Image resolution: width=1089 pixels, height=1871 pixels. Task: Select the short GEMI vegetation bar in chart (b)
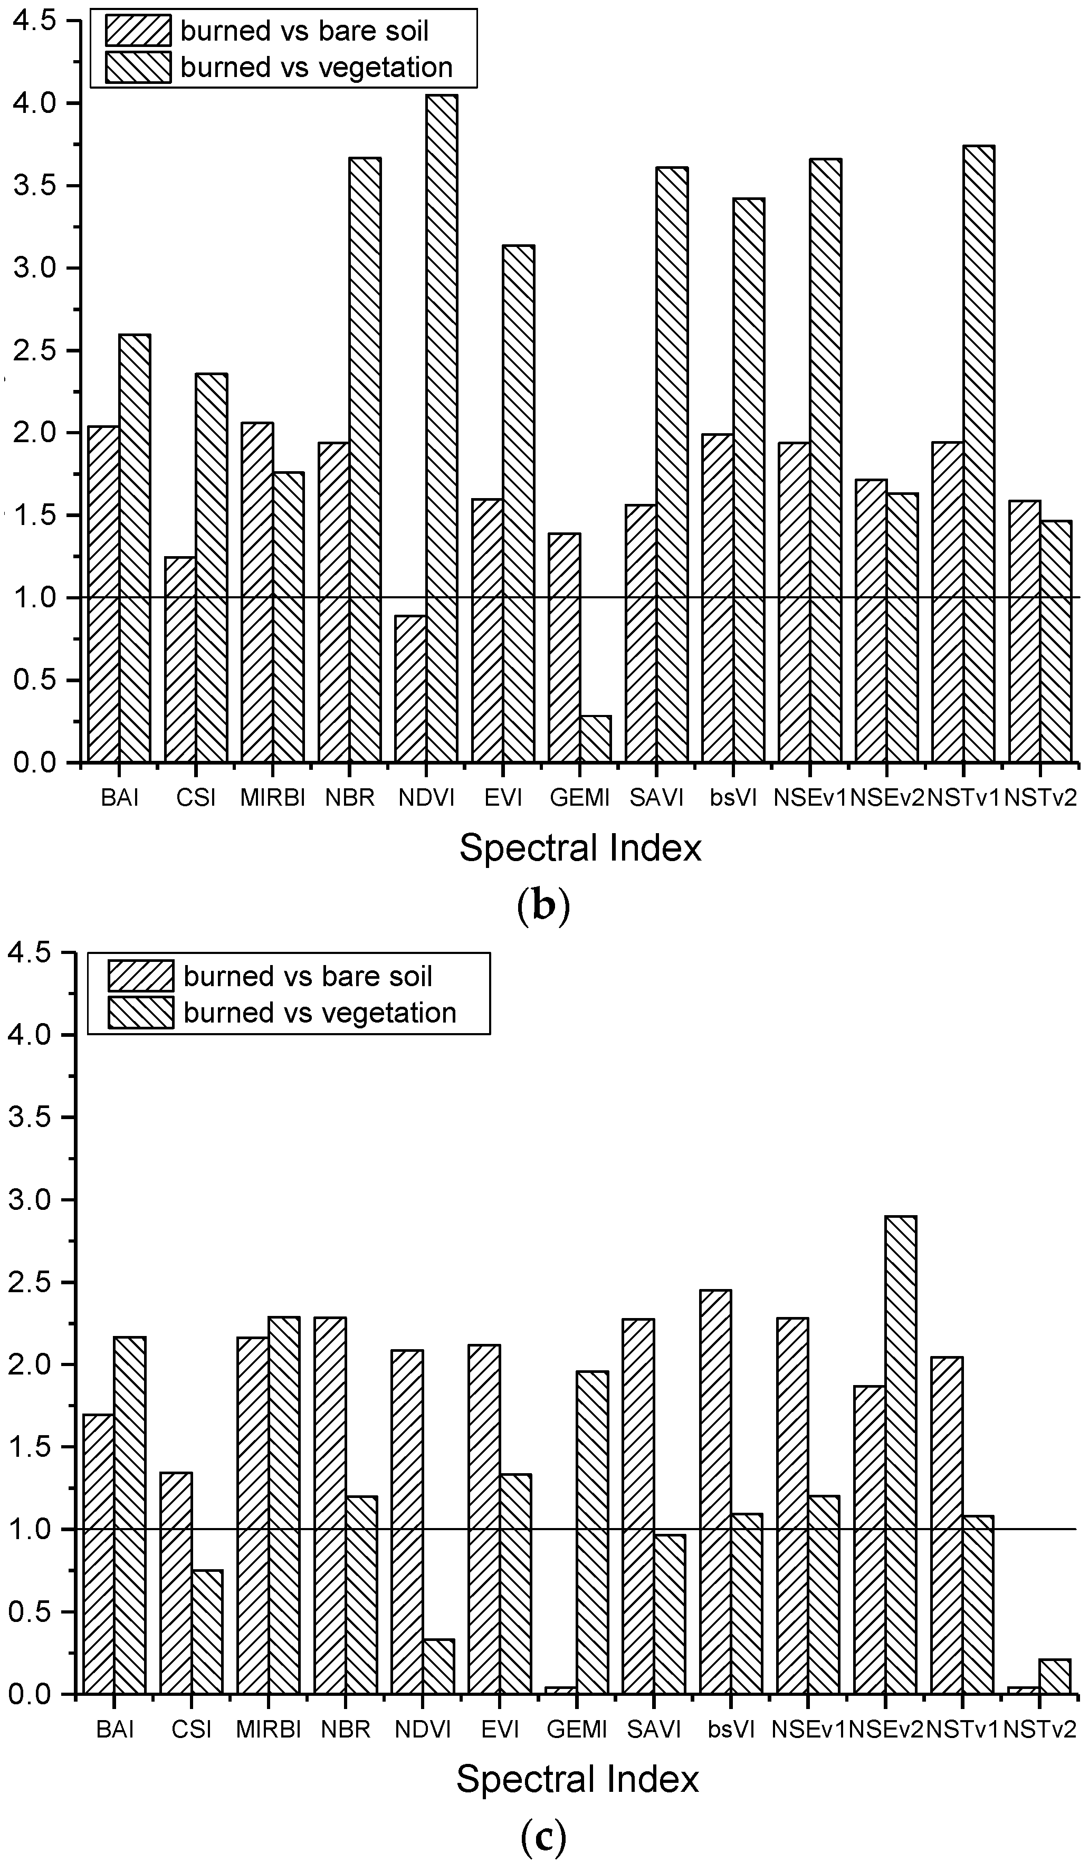coord(595,739)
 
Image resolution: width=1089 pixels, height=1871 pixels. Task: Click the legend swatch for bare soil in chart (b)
coord(137,31)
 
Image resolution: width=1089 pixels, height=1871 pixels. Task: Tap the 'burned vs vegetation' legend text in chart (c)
coord(320,1013)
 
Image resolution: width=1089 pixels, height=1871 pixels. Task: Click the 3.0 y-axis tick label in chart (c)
coord(31,1200)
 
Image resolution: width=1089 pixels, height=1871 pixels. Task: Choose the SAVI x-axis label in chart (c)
coord(653,1730)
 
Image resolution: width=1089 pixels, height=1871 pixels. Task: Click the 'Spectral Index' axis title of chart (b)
coord(580,848)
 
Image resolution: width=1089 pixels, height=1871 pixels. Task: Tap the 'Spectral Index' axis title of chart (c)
coord(577,1779)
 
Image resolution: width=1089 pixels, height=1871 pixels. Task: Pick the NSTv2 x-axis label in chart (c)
coord(1039,1730)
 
